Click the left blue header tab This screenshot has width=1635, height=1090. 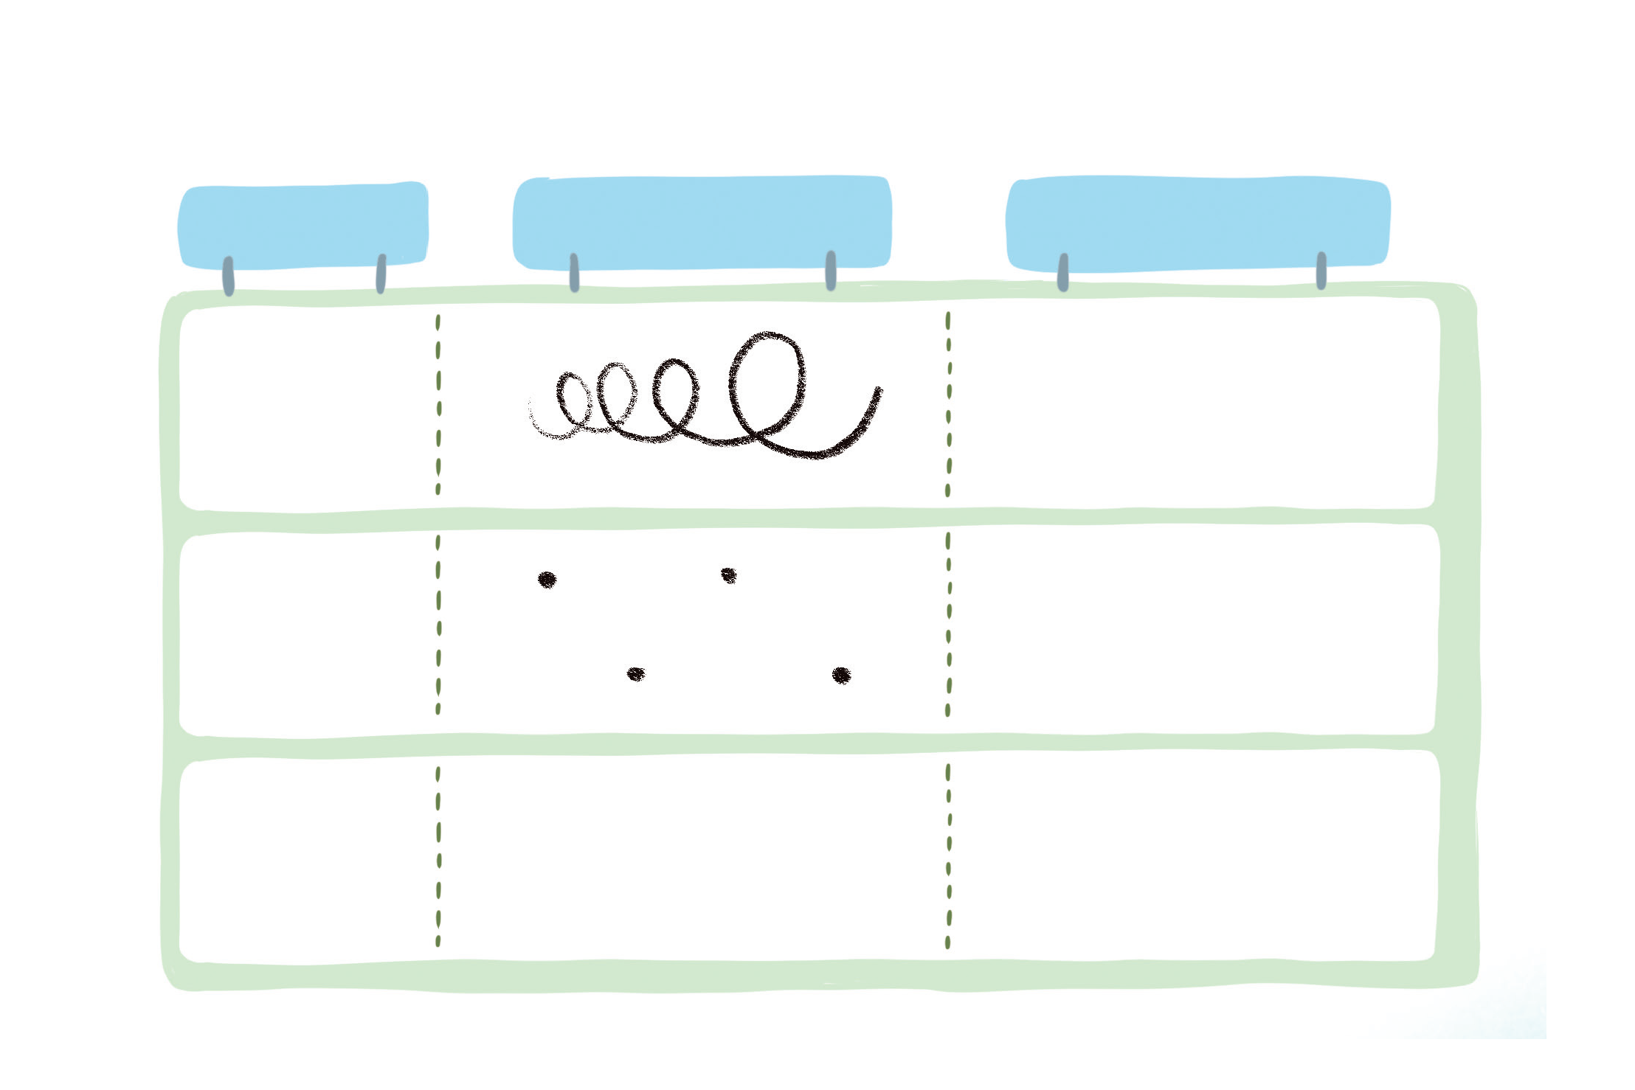[303, 225]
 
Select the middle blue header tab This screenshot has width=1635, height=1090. [702, 221]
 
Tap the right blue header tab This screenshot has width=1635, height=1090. [1197, 223]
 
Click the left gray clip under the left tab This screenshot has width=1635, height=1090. [229, 277]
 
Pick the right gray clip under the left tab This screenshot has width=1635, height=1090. [381, 274]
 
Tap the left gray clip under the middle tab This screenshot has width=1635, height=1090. [574, 272]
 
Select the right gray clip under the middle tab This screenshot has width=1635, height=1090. [831, 271]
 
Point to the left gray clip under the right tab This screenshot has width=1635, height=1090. [1063, 272]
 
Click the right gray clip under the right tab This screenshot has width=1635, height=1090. [1321, 271]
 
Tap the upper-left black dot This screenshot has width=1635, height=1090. [547, 580]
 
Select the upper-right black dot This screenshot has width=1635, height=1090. [729, 574]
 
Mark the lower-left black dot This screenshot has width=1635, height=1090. [635, 674]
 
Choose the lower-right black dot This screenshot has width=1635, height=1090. [841, 676]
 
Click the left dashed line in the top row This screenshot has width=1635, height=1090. [438, 405]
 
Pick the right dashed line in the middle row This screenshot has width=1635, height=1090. [948, 624]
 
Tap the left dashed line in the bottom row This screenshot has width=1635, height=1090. [438, 855]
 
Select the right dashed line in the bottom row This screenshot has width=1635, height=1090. [948, 855]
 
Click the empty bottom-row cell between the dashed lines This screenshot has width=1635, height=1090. [694, 859]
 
